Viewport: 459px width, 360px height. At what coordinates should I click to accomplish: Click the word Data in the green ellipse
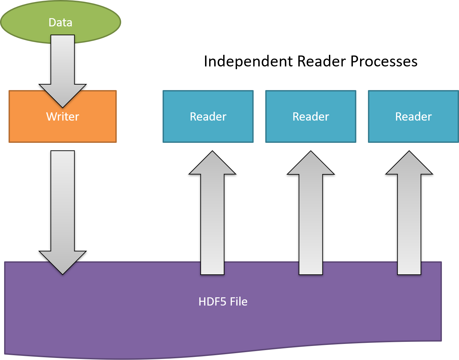(x=60, y=23)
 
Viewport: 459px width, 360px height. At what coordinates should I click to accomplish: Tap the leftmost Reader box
(x=208, y=116)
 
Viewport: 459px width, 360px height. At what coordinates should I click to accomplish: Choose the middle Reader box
(x=311, y=116)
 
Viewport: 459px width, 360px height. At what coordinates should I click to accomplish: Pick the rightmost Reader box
(x=413, y=116)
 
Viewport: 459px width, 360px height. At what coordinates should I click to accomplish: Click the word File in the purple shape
(x=239, y=302)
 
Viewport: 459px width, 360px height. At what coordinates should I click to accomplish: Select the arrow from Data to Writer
(x=63, y=62)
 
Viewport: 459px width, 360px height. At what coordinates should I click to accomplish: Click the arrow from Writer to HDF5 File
(x=63, y=206)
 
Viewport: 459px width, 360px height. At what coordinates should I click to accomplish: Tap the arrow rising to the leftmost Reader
(x=212, y=223)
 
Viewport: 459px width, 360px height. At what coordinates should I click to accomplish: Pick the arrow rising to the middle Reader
(x=311, y=223)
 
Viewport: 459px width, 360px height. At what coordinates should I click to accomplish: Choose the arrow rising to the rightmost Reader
(x=409, y=223)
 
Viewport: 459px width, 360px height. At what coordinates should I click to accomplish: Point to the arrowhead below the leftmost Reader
(x=212, y=164)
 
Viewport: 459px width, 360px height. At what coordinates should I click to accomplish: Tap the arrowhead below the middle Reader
(x=311, y=164)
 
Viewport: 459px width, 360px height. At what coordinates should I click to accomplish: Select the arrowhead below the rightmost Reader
(x=409, y=164)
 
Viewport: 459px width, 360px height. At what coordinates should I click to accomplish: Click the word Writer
(x=63, y=117)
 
